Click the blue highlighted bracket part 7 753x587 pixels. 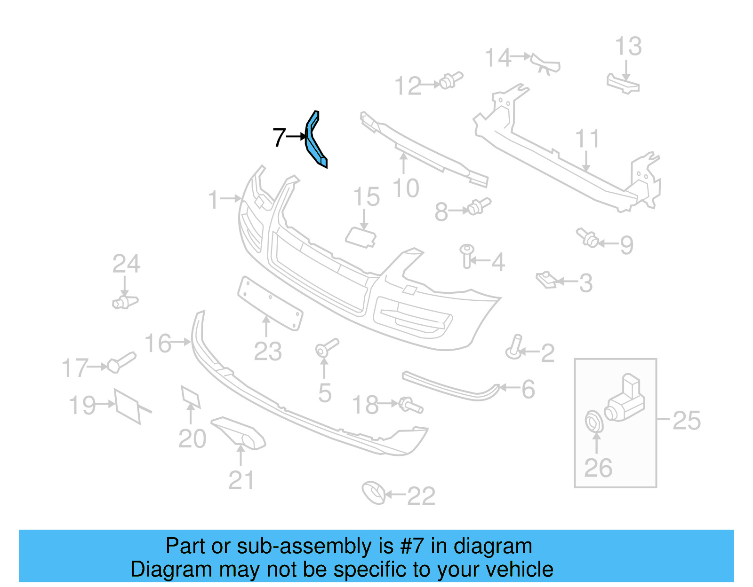[x=314, y=141]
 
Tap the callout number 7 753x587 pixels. [x=279, y=138]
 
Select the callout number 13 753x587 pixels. [x=628, y=47]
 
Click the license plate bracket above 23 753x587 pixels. [x=270, y=302]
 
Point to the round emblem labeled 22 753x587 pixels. [x=374, y=493]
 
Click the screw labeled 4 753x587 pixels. [x=467, y=255]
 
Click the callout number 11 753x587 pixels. [x=587, y=139]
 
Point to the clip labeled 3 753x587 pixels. [x=547, y=280]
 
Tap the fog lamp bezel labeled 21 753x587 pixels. [x=240, y=432]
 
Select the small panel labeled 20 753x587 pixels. [x=191, y=396]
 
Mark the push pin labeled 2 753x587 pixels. [x=515, y=347]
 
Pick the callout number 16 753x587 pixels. [x=158, y=343]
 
